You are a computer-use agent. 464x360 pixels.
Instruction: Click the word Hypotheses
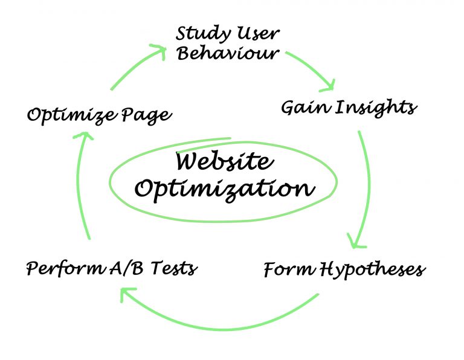[372, 270]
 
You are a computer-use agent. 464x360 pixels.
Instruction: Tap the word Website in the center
[224, 162]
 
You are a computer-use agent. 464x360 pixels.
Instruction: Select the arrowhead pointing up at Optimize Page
[84, 137]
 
